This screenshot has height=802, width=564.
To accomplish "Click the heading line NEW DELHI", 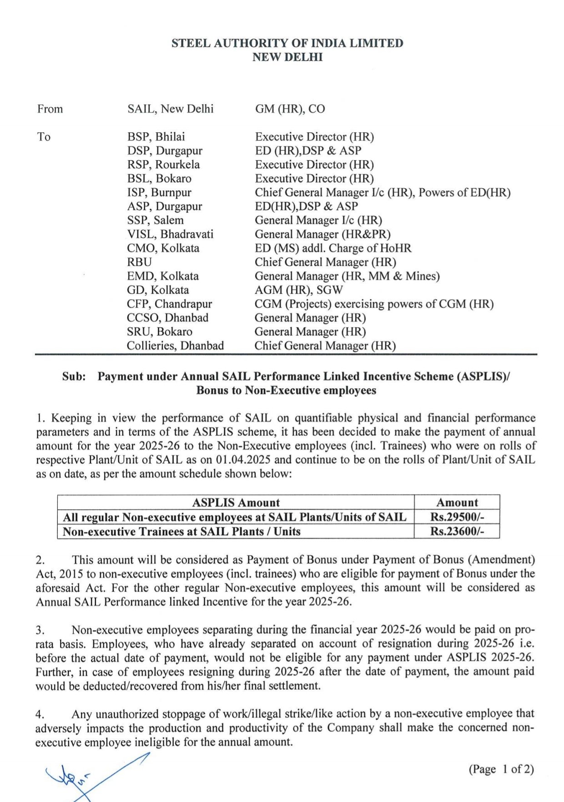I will [x=287, y=57].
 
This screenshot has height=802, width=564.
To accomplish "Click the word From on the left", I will [x=50, y=109].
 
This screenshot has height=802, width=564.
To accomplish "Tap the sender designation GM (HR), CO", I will [x=290, y=109].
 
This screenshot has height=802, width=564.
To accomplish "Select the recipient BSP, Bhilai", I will [x=156, y=137].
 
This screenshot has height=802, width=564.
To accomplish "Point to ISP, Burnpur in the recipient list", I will [x=159, y=192].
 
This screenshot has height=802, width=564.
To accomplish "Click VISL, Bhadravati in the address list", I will [x=170, y=234].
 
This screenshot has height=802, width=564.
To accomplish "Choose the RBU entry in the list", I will [x=139, y=262].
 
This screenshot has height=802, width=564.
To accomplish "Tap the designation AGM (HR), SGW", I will [x=298, y=290].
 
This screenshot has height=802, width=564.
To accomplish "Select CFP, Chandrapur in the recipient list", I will [x=169, y=304].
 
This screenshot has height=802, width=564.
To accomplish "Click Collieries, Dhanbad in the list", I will [x=175, y=346].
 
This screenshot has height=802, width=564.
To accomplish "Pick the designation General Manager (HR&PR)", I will [x=322, y=234].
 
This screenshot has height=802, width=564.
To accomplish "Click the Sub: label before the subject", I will [x=74, y=376].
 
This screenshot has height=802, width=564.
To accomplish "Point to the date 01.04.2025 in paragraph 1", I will [x=244, y=460].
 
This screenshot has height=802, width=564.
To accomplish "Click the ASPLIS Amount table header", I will [x=236, y=502].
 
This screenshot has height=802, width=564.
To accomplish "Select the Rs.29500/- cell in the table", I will [x=457, y=517].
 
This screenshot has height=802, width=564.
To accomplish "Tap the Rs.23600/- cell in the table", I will [x=457, y=531].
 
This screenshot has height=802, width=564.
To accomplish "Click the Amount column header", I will [x=457, y=502].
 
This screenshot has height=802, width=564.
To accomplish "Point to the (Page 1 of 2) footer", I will [x=501, y=769].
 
